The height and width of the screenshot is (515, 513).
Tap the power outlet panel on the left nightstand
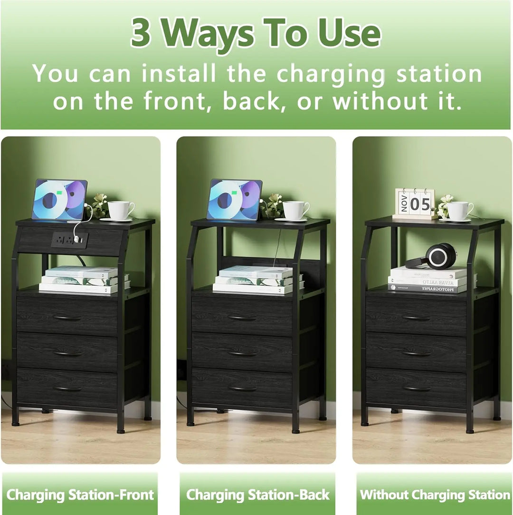click(69, 240)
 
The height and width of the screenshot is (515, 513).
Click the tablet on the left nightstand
click(60, 200)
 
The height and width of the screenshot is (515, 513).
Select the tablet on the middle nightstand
click(235, 200)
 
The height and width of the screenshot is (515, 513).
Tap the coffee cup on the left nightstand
click(120, 210)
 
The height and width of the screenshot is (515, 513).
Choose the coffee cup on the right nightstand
click(459, 211)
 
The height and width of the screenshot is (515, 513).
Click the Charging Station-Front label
click(80, 495)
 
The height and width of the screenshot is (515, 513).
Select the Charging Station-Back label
click(257, 495)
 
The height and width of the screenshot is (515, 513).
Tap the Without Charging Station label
click(435, 495)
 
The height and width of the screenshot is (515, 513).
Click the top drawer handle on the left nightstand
click(67, 318)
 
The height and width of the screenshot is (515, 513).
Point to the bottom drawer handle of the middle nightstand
click(242, 389)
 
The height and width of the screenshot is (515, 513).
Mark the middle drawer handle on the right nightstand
click(417, 353)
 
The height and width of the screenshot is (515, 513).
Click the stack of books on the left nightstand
click(83, 280)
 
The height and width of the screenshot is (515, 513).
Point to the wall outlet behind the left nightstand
click(6, 369)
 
